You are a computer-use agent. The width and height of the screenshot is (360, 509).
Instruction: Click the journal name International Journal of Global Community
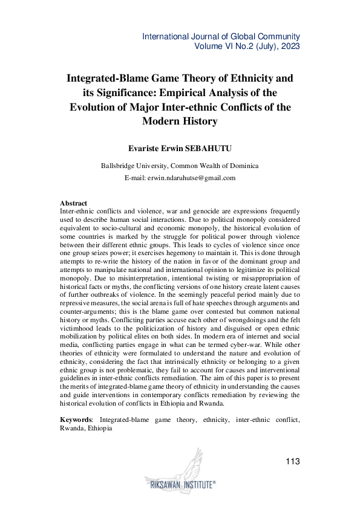(221, 36)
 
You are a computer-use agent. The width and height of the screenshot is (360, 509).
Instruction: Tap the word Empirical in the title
(200, 92)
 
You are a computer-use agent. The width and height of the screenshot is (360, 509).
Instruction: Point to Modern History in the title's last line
(180, 122)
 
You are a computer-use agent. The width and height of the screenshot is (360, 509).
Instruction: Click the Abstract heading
(74, 203)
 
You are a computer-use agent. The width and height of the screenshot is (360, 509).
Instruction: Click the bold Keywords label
(76, 418)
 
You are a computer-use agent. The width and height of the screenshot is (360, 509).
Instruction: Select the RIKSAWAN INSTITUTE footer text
(180, 484)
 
